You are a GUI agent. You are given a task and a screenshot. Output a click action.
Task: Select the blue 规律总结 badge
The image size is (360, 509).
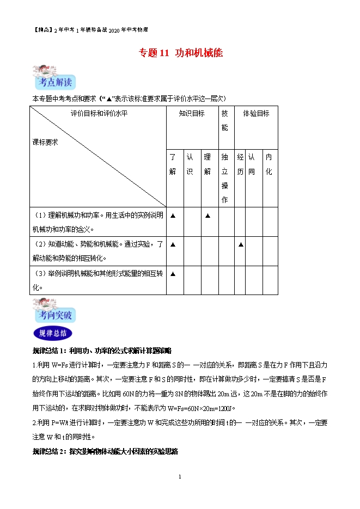[53, 333]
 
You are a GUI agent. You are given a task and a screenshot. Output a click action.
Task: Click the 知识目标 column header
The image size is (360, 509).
[192, 113]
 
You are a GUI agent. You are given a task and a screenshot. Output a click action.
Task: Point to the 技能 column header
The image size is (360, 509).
[225, 120]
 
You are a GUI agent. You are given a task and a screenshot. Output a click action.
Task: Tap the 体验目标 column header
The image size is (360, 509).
[255, 113]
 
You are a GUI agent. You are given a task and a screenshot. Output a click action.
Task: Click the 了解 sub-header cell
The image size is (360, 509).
[173, 164]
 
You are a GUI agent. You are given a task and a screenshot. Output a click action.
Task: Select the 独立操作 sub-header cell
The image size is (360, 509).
[225, 178]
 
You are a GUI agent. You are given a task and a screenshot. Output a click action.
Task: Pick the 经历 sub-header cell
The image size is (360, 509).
[240, 164]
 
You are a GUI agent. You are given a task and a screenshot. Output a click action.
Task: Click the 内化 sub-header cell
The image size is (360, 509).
[268, 164]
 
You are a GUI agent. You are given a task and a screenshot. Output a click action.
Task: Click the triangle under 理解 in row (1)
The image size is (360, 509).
[208, 216]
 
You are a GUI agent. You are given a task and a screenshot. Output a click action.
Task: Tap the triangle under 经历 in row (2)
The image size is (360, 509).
[240, 244]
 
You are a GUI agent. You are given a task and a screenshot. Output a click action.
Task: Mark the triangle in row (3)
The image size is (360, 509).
[173, 274]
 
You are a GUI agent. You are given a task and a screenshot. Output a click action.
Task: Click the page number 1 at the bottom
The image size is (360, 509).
[180, 477]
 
